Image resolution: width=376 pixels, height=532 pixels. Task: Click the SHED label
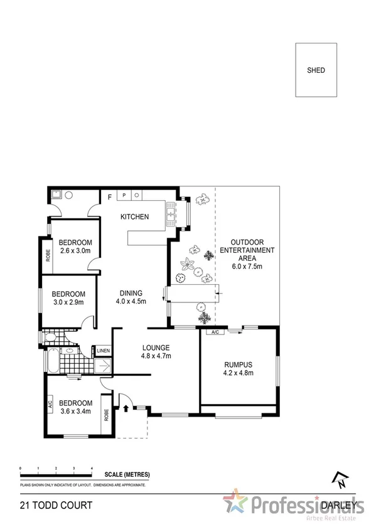tap(316, 70)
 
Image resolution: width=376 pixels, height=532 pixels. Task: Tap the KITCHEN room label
tap(135, 217)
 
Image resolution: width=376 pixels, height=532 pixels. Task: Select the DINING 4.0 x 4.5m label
tap(131, 297)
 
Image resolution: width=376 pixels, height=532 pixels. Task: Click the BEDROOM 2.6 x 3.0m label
tap(75, 247)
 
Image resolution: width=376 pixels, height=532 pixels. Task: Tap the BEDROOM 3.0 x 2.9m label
tap(68, 298)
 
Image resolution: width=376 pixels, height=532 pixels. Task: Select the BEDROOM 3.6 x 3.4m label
tap(75, 407)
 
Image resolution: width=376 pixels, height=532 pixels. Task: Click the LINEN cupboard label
tap(103, 351)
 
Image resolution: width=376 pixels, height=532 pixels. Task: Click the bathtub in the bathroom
tap(51, 362)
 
